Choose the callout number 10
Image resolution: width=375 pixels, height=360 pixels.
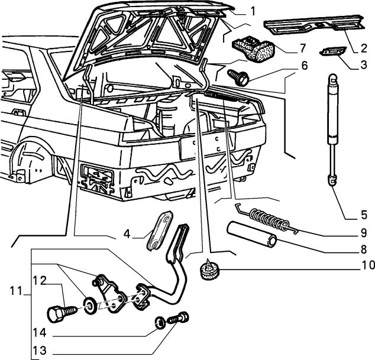click(364, 265)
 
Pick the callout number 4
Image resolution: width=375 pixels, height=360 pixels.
click(126, 233)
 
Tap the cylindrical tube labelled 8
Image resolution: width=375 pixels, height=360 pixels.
click(252, 233)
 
